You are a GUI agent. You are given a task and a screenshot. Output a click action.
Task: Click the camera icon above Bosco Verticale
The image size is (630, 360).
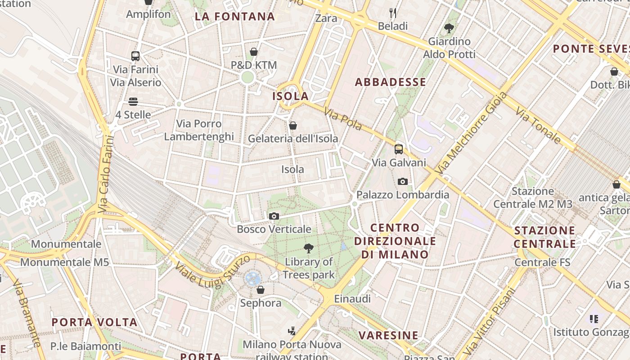click(274, 216)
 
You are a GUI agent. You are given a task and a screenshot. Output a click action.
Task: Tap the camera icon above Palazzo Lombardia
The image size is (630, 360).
click(403, 182)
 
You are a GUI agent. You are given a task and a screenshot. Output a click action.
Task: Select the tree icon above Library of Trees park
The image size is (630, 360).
click(309, 248)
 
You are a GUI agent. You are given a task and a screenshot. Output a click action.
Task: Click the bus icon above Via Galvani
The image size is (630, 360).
click(399, 149)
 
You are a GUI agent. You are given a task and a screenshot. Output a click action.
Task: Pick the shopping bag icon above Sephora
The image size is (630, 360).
click(260, 290)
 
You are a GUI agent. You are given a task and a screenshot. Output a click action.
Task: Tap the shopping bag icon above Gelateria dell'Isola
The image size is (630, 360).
click(293, 126)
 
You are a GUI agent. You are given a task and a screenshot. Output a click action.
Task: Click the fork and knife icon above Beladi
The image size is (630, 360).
click(393, 13)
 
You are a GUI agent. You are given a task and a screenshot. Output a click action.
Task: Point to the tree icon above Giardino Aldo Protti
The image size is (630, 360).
click(449, 28)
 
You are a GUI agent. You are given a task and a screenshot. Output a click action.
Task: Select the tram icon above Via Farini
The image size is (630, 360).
click(135, 56)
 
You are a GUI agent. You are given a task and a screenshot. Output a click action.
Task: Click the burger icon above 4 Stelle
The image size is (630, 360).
click(133, 102)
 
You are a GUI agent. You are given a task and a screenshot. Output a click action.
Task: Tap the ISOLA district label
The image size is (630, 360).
click(291, 96)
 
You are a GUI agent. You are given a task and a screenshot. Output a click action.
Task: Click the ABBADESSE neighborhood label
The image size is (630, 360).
click(390, 82)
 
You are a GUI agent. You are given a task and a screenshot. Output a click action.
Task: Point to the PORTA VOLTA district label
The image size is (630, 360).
click(94, 322)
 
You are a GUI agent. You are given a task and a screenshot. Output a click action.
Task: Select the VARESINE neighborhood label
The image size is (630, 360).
click(388, 335)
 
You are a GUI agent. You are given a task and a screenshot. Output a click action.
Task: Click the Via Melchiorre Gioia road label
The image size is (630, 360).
click(472, 133)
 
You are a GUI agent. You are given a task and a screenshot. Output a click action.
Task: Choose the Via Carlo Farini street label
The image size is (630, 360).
click(105, 174)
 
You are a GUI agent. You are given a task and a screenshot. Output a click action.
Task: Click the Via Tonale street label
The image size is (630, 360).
click(538, 125)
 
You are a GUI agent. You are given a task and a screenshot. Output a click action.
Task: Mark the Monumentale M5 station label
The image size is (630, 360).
click(64, 262)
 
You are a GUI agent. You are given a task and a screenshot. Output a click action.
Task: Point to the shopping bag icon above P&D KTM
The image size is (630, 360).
click(254, 52)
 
